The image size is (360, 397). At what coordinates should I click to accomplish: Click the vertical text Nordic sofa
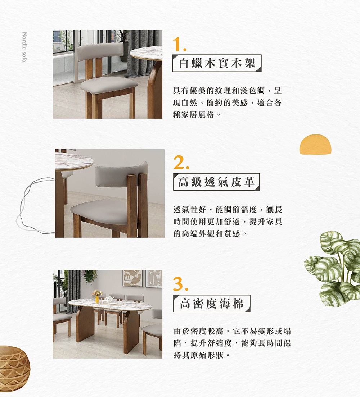24,47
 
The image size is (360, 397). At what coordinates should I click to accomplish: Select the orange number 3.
180,284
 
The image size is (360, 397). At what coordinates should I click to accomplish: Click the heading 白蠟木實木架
217,63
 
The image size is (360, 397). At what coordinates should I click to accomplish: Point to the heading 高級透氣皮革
216,182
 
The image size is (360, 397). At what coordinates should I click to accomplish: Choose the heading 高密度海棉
211,304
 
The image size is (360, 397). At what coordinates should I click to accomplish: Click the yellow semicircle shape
315,145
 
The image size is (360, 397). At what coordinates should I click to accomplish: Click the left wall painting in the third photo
132,278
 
